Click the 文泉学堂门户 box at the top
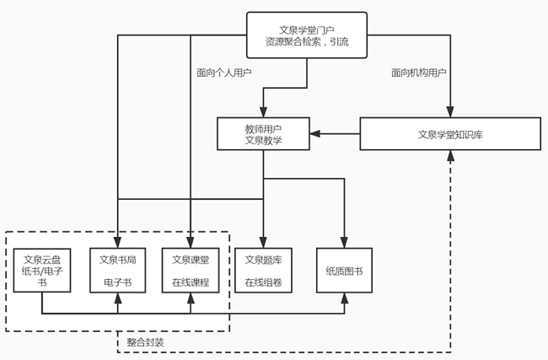click(307, 35)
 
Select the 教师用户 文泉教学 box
click(263, 134)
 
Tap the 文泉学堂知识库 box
click(450, 134)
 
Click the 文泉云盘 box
click(42, 270)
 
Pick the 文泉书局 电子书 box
click(118, 270)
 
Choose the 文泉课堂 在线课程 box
click(191, 270)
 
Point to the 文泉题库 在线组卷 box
click(263, 270)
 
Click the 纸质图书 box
click(344, 270)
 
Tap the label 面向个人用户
click(224, 73)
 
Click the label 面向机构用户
click(418, 73)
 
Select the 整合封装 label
click(145, 342)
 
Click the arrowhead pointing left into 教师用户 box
click(315, 133)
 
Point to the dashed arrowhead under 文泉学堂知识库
click(450, 156)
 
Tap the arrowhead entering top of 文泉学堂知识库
click(450, 112)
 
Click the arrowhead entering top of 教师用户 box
click(263, 112)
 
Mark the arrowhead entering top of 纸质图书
click(344, 243)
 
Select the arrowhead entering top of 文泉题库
click(263, 243)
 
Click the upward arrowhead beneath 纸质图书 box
click(344, 298)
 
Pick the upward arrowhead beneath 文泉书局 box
click(118, 298)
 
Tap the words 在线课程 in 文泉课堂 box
click(191, 282)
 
